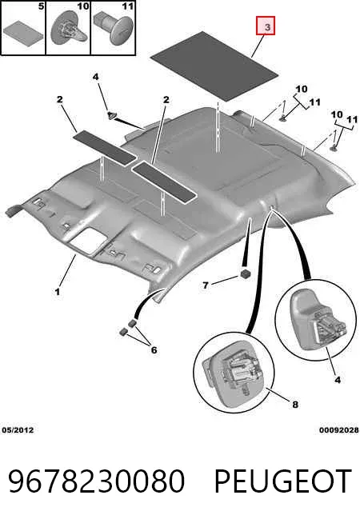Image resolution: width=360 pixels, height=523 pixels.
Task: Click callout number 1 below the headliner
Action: click(x=58, y=292)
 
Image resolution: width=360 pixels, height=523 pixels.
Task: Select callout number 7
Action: click(x=206, y=285)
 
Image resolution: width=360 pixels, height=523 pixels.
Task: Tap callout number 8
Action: click(x=295, y=405)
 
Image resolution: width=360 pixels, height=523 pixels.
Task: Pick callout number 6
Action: click(x=154, y=350)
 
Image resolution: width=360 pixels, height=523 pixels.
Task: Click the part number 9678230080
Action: click(x=97, y=481)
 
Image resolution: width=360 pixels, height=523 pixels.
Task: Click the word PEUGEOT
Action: click(x=283, y=481)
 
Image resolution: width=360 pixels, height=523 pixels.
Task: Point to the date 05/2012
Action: click(x=18, y=430)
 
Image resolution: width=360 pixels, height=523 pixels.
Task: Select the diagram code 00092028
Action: click(x=339, y=430)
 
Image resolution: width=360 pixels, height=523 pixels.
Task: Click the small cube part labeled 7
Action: click(x=245, y=273)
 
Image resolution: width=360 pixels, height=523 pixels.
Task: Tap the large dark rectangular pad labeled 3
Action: click(x=214, y=66)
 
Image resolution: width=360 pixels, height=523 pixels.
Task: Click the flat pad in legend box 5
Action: click(x=23, y=30)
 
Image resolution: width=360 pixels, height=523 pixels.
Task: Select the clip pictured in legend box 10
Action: click(x=69, y=30)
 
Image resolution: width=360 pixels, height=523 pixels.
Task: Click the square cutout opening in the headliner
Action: click(x=89, y=239)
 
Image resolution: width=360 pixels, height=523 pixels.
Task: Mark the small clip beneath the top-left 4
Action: click(x=112, y=114)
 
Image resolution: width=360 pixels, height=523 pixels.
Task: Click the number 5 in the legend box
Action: click(x=41, y=6)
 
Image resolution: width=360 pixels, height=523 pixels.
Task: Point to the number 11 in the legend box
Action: click(x=127, y=6)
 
